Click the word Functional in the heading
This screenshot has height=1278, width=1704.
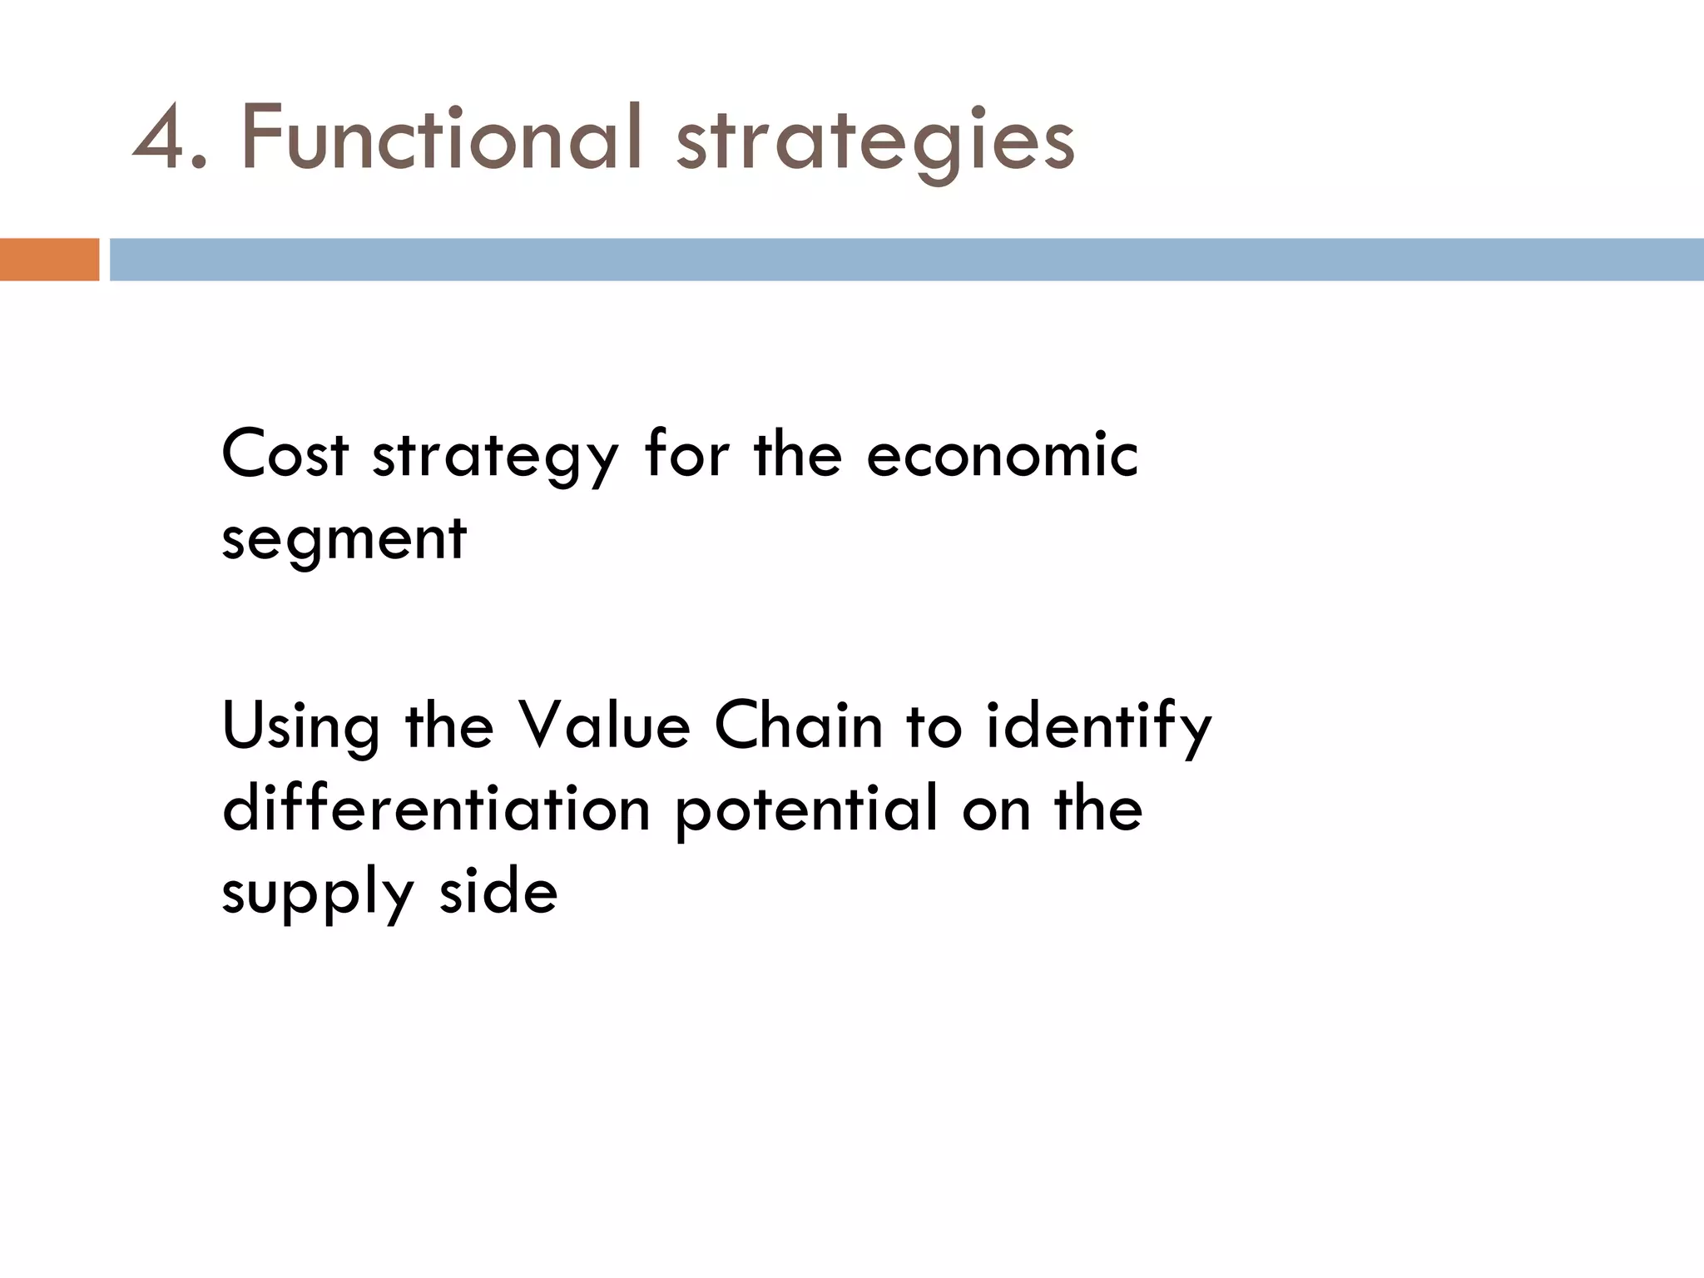click(x=441, y=137)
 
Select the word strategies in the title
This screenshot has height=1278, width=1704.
click(x=875, y=141)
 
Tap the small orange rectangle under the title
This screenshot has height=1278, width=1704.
click(x=49, y=260)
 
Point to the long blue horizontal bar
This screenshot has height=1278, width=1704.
click(x=907, y=260)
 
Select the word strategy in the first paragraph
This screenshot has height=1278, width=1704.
click(x=495, y=458)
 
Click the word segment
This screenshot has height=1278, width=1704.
click(x=344, y=539)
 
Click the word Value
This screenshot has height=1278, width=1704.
click(x=604, y=725)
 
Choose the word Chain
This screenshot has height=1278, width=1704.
click(x=798, y=725)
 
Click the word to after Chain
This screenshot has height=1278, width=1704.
click(x=934, y=725)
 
